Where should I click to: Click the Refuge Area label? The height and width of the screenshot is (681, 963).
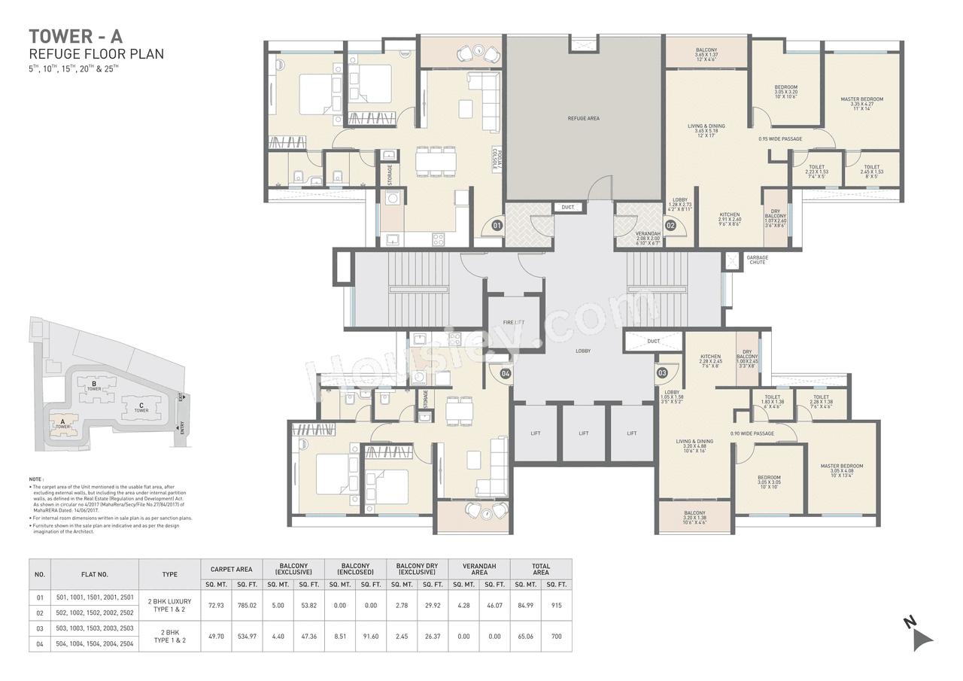583,118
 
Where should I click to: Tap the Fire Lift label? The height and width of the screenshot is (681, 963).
513,322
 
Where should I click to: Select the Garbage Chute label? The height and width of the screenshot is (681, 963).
757,260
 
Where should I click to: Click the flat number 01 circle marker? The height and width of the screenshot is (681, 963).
497,224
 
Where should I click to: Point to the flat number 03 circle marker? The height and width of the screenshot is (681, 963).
662,372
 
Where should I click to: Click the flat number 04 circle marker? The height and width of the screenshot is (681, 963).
506,372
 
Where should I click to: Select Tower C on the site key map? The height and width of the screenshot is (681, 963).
140,408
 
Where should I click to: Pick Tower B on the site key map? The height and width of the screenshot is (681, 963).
94,386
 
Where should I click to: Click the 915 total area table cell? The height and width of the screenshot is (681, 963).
556,605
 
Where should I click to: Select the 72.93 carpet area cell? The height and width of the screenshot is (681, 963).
217,605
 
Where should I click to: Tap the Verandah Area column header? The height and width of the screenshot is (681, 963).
478,569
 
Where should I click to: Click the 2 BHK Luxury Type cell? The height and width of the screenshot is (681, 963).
169,605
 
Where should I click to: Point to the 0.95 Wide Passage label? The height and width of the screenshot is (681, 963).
780,138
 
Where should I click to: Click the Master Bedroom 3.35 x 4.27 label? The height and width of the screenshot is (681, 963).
861,103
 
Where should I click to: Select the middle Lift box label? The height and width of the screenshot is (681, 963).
584,433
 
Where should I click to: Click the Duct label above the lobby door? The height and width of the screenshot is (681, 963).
567,207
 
